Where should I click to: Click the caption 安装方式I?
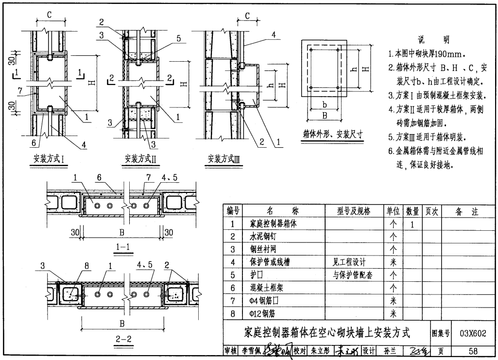pos(49,158)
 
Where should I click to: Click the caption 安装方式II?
pos(140,158)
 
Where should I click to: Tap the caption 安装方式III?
pos(224,158)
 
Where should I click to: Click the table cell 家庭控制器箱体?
pos(273,224)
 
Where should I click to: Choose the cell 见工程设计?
pos(348,262)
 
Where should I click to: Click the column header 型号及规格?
pos(353,211)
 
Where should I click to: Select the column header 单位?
pos(393,211)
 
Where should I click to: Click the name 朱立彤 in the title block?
pos(320,351)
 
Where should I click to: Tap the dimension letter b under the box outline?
pos(324,105)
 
